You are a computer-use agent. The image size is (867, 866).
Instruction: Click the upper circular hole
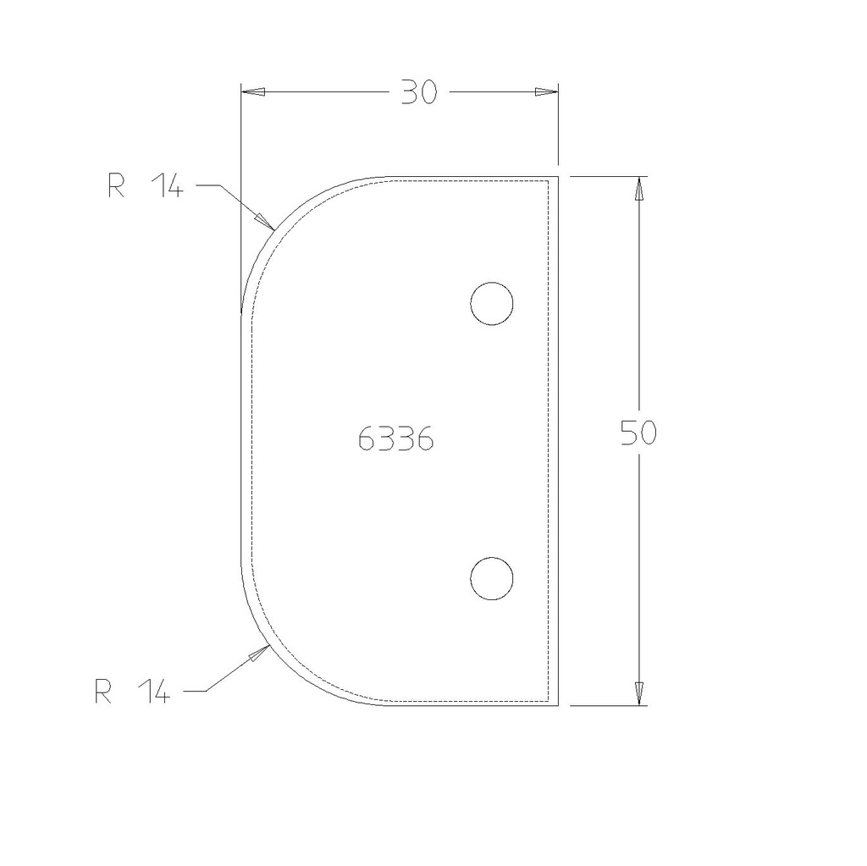(x=492, y=304)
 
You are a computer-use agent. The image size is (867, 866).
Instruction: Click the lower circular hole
(x=492, y=579)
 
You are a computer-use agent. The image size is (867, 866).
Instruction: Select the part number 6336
(x=395, y=439)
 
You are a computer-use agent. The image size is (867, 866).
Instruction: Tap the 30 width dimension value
(x=418, y=92)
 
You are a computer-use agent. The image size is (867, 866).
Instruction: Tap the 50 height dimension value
(x=638, y=433)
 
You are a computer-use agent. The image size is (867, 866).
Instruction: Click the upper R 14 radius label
(x=145, y=186)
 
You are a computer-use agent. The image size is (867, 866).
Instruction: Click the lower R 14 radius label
(x=132, y=692)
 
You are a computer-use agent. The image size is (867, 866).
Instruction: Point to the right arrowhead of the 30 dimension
(x=547, y=92)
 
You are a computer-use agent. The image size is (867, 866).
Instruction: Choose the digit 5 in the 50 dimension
(x=629, y=433)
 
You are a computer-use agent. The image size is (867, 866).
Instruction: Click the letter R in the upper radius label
(x=117, y=186)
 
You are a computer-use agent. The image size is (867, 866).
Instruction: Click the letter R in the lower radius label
(x=104, y=692)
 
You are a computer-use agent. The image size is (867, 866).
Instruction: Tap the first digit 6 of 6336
(x=367, y=439)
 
